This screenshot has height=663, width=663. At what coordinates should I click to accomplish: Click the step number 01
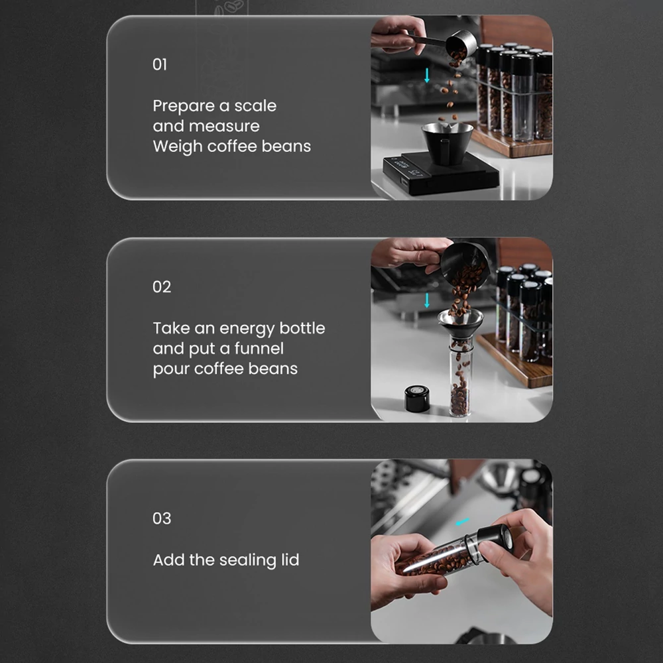click(159, 65)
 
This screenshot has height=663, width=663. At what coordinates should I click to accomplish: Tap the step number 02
click(162, 287)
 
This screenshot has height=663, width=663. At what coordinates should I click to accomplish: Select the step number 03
click(162, 518)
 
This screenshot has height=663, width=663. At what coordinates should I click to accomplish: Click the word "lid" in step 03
click(290, 560)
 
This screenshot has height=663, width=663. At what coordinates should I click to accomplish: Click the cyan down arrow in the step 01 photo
click(427, 76)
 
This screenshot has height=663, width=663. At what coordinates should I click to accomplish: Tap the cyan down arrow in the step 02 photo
click(427, 300)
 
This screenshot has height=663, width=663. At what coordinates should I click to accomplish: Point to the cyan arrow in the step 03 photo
click(462, 522)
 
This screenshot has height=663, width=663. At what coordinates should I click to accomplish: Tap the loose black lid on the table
click(417, 398)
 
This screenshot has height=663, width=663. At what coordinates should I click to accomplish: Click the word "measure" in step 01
click(206, 126)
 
